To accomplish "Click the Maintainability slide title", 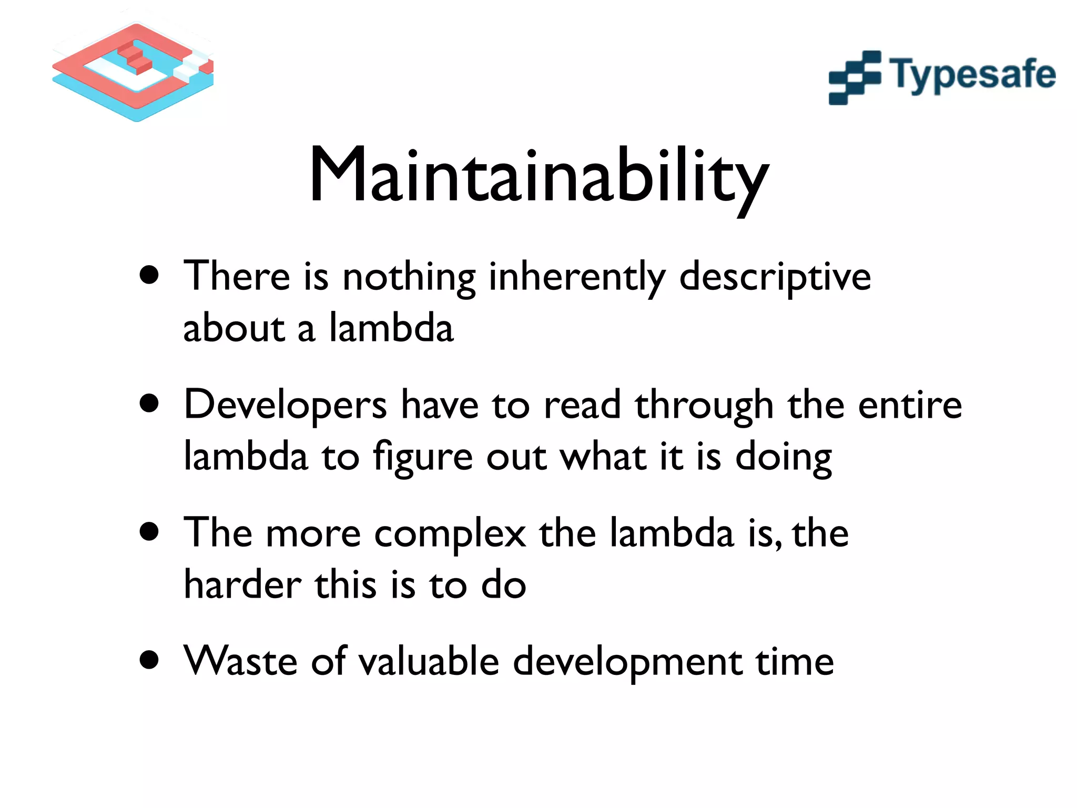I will pyautogui.click(x=538, y=176).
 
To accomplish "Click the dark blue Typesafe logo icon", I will pyautogui.click(x=855, y=77).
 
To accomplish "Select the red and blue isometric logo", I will pyautogui.click(x=134, y=71).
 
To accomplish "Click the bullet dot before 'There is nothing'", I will pyautogui.click(x=150, y=275).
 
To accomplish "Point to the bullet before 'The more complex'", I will pyautogui.click(x=150, y=531).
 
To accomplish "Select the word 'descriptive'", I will pyautogui.click(x=775, y=277).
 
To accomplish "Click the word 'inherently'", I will pyautogui.click(x=576, y=277).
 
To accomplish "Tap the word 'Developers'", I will pyautogui.click(x=285, y=406).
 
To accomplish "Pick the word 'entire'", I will pyautogui.click(x=910, y=406).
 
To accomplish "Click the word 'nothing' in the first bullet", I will pyautogui.click(x=409, y=277).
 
